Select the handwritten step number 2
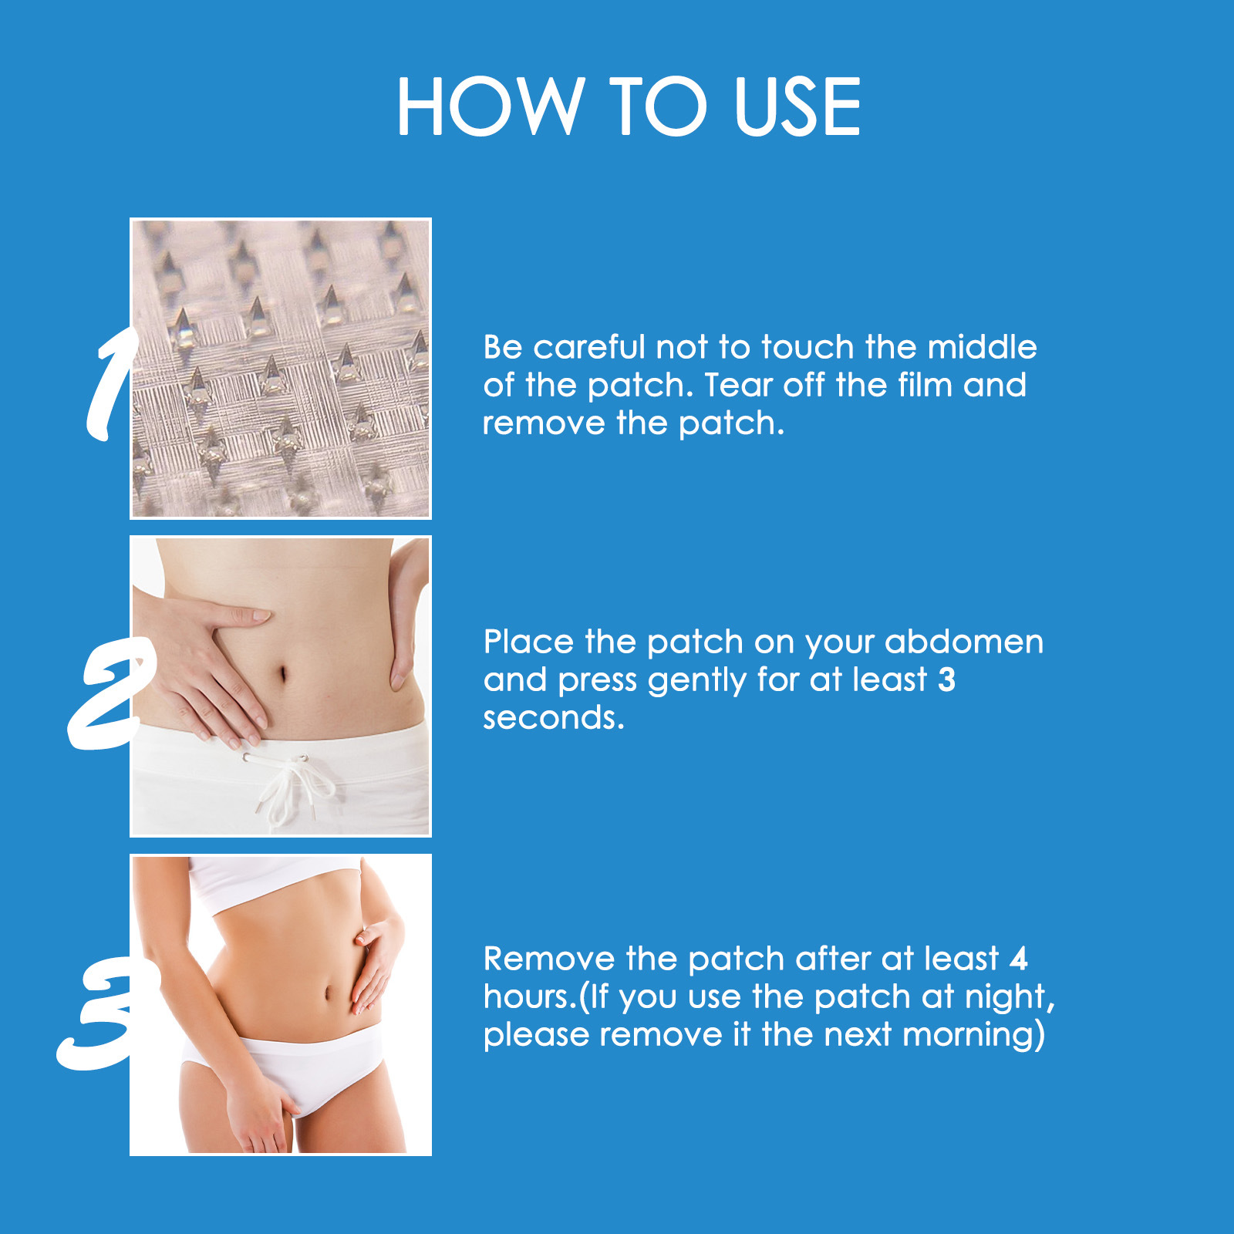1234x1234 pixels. coord(110,693)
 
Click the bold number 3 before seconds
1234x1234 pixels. coord(946,679)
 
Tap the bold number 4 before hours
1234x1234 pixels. coord(1019,959)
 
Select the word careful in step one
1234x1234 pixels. coord(588,347)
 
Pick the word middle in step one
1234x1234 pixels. coord(982,347)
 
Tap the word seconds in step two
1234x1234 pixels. coord(553,718)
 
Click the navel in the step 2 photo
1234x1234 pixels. coord(283,673)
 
